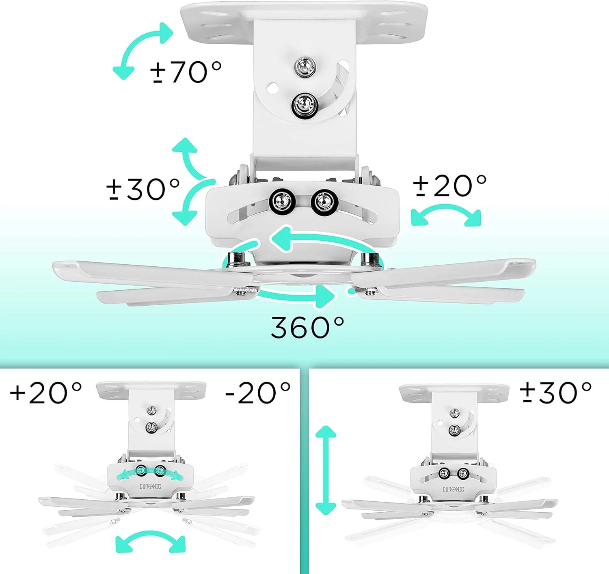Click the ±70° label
click(x=186, y=72)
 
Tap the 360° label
click(x=308, y=328)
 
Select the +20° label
click(x=46, y=393)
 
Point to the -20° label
click(x=258, y=393)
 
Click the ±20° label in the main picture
click(x=450, y=186)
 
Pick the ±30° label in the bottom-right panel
click(x=556, y=393)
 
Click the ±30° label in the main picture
click(x=143, y=189)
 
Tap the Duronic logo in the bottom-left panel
click(x=150, y=487)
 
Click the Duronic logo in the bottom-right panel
click(x=453, y=490)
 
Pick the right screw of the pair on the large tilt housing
click(x=324, y=201)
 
